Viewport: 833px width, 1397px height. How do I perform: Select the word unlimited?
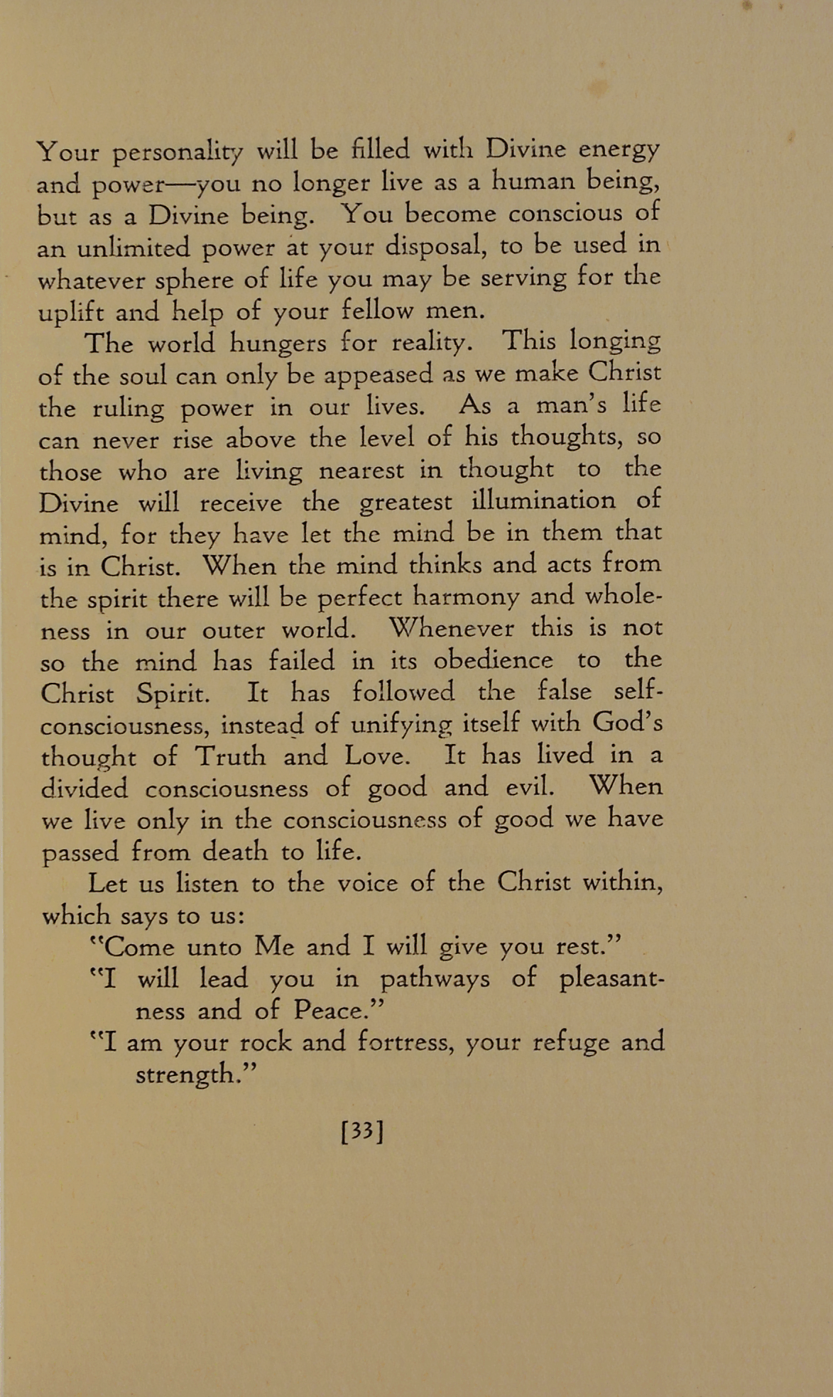tap(133, 248)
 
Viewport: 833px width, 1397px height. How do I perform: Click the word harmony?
tap(467, 598)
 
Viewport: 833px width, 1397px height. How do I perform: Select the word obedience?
tap(493, 661)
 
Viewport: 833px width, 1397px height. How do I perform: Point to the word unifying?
tap(401, 725)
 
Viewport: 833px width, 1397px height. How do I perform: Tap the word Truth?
tap(230, 757)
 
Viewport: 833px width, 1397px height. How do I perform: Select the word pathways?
tap(435, 980)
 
